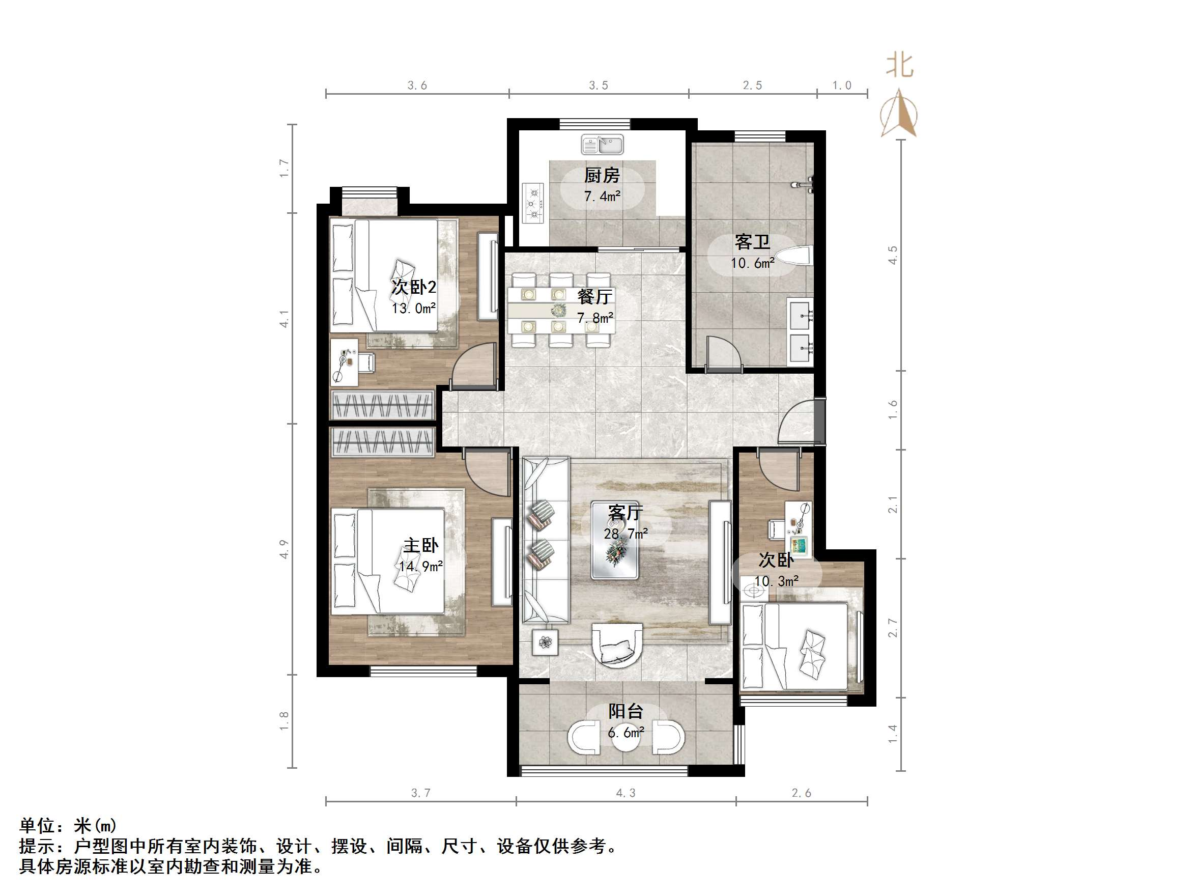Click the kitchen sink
click(x=602, y=145)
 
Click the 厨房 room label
click(x=602, y=175)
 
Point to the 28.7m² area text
click(x=626, y=534)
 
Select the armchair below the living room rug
click(x=617, y=645)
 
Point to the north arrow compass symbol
click(x=899, y=115)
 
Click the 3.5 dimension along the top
click(x=598, y=85)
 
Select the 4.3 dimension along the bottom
click(x=626, y=793)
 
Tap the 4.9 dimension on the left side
click(x=284, y=549)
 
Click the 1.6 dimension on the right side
click(x=893, y=409)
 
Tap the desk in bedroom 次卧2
click(x=344, y=362)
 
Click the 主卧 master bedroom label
click(x=421, y=545)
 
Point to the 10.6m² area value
click(x=752, y=263)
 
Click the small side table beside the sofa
click(x=545, y=642)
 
